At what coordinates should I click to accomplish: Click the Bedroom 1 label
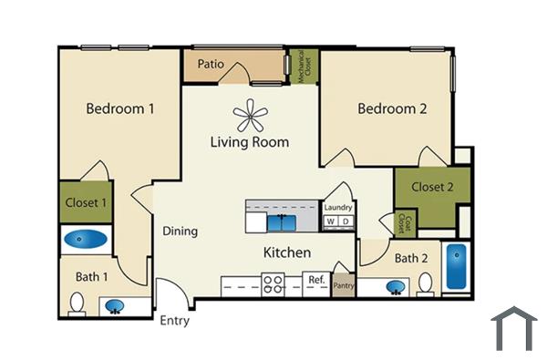119,109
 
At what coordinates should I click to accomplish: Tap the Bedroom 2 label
392,109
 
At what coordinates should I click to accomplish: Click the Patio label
212,66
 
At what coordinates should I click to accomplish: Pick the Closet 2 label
432,188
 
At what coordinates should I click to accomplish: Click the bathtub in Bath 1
85,241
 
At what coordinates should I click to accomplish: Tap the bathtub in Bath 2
455,266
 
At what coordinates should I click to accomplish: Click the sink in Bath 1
116,306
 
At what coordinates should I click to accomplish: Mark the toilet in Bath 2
425,286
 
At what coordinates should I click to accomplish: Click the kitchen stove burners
273,285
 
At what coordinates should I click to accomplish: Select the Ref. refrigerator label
316,280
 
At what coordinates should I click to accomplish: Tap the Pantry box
343,285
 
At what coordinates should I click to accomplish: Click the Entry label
175,321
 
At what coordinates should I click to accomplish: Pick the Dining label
180,231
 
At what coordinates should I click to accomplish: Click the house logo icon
514,328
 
